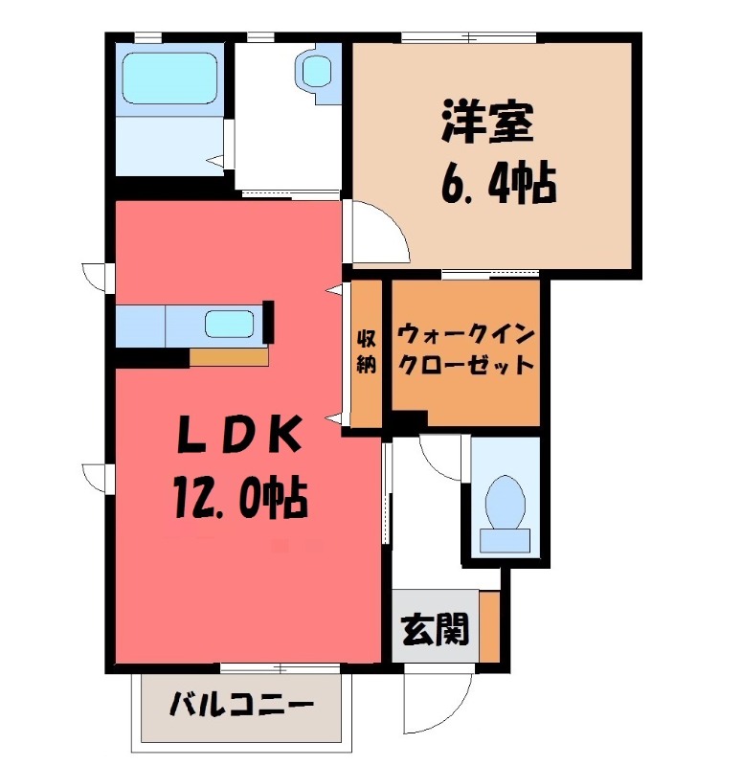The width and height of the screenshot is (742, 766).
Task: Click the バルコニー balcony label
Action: (241, 709)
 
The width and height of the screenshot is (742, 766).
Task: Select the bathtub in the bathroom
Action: (170, 80)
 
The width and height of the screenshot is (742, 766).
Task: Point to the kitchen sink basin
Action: (230, 325)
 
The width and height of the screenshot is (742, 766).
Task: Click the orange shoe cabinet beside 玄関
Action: (489, 627)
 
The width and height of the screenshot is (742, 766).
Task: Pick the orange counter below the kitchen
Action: (229, 357)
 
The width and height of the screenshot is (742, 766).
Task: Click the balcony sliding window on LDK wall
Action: (278, 667)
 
